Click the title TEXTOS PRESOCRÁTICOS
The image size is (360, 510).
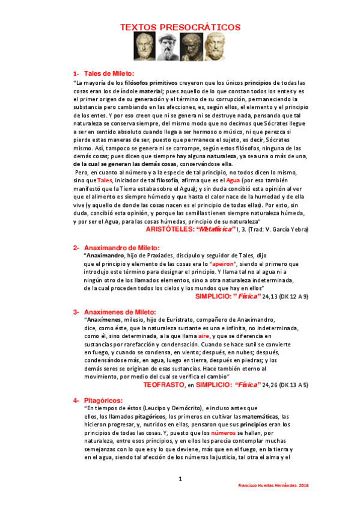point(180,27)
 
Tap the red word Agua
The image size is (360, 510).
point(234,180)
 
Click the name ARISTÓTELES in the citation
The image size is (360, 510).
point(170,229)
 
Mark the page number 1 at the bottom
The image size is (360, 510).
point(180,479)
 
